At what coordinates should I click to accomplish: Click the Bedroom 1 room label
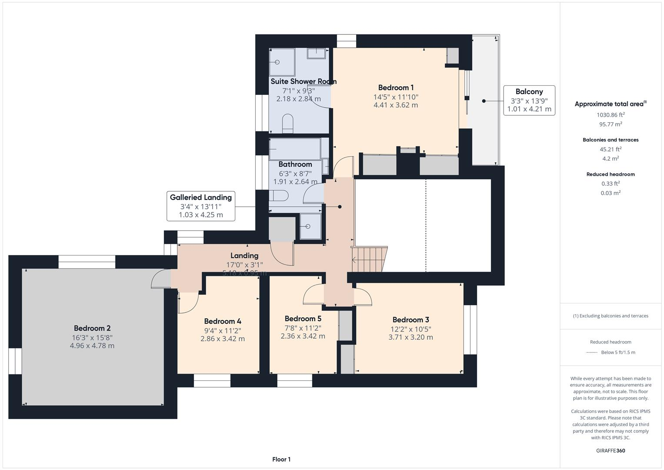(x=396, y=88)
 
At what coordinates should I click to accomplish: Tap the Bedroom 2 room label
(x=92, y=328)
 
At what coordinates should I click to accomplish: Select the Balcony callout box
(x=529, y=100)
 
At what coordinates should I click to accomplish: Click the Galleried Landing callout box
(x=201, y=206)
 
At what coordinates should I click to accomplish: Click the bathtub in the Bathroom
(x=295, y=149)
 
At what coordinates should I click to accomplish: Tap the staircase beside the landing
(x=369, y=260)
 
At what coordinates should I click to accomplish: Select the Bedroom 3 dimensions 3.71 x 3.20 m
(x=410, y=337)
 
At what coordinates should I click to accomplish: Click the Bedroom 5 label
(x=303, y=319)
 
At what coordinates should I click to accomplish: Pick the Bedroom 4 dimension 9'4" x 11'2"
(x=223, y=330)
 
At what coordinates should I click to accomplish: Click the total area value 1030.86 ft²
(x=611, y=115)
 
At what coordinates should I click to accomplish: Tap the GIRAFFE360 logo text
(x=611, y=450)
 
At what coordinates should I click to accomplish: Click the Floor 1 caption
(x=281, y=459)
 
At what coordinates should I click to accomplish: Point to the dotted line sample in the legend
(x=591, y=352)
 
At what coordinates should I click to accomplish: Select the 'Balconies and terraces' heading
(x=611, y=140)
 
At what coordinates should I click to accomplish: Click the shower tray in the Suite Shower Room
(x=281, y=62)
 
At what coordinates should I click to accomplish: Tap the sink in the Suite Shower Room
(x=317, y=53)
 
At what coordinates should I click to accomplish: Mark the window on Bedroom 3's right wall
(x=470, y=329)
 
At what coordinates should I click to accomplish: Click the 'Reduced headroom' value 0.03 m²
(x=611, y=193)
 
